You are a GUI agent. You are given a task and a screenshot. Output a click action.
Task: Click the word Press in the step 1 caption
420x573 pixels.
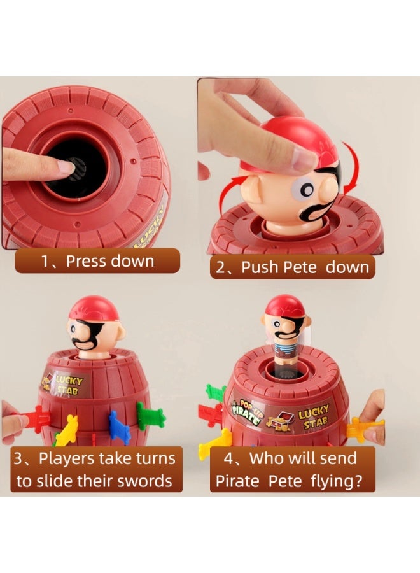tap(86, 261)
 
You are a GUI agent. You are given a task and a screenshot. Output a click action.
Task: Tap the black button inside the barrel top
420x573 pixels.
tap(78, 169)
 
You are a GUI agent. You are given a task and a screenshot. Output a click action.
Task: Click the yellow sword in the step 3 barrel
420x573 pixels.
tap(67, 430)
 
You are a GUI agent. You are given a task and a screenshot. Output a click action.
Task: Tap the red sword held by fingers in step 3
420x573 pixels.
tap(36, 418)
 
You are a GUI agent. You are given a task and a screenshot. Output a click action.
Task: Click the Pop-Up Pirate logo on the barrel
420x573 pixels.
tap(246, 411)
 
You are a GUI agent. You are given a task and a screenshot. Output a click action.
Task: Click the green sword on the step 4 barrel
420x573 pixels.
tap(216, 392)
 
